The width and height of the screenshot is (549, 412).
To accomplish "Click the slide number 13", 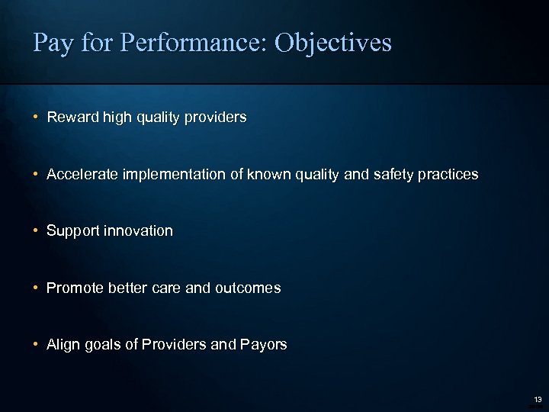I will [x=538, y=399].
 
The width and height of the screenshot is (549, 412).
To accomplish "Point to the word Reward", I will [x=71, y=117].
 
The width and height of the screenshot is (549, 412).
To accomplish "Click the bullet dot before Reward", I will [x=36, y=117].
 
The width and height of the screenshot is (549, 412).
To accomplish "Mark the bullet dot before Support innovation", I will [x=36, y=230].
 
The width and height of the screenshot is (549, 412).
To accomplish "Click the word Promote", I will [x=75, y=288].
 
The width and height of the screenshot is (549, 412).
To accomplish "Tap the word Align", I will [x=63, y=345].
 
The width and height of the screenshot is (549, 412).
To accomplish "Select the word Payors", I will [x=264, y=345].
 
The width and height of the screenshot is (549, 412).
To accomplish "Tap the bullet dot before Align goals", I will [x=36, y=345].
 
